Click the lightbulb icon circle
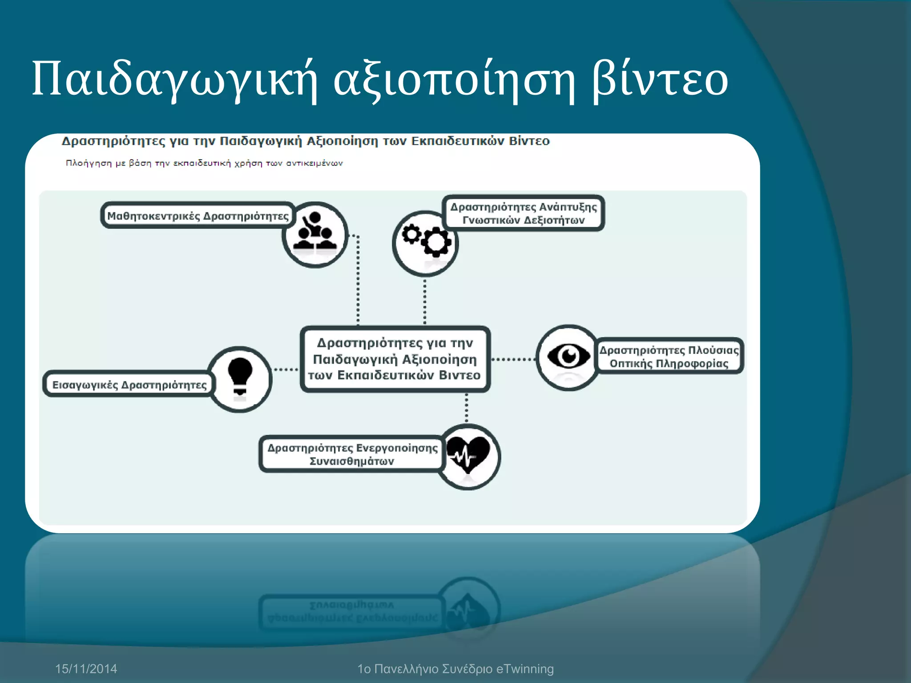click(240, 379)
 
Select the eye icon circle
click(568, 358)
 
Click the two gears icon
click(426, 242)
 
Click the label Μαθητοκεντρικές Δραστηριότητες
click(198, 216)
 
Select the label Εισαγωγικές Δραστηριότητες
click(129, 385)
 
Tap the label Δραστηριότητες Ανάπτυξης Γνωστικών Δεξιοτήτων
click(524, 213)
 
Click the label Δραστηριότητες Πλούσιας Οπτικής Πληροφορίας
click(669, 357)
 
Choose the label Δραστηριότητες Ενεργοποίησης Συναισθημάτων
click(352, 454)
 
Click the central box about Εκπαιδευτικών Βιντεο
click(395, 359)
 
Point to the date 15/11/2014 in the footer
click(86, 669)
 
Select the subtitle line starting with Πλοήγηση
click(204, 163)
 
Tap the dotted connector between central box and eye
click(513, 359)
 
